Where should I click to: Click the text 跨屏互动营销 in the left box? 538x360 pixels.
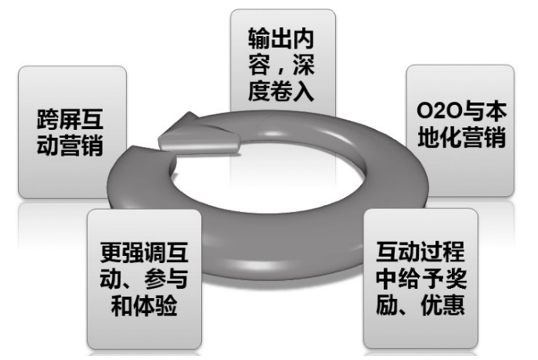[70, 132]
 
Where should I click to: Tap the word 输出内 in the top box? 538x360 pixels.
[281, 38]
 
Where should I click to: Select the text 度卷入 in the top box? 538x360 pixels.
[281, 91]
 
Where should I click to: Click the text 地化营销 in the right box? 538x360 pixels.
[462, 137]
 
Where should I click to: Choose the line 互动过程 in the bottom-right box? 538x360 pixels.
[421, 252]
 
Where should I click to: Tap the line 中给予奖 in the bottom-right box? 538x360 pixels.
[421, 279]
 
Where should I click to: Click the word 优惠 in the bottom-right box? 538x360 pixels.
[443, 304]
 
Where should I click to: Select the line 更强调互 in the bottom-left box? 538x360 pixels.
[144, 253]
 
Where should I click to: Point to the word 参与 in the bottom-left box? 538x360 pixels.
[167, 279]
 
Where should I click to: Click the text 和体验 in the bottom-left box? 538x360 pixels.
[144, 305]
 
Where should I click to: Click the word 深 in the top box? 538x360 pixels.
[303, 64]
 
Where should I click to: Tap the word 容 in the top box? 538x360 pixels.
[258, 64]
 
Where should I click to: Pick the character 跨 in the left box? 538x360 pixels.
[48, 120]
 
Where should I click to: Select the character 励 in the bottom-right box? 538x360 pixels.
[387, 304]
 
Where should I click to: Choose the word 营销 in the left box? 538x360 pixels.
[81, 146]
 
